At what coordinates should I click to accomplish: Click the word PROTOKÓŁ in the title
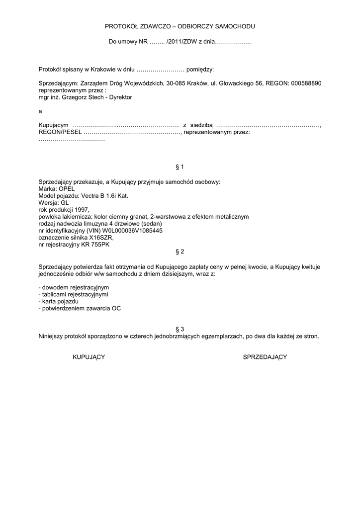point(121,26)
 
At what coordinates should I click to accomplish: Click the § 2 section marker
point(180,252)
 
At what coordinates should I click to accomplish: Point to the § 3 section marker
point(180,329)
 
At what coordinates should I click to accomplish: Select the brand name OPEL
point(67,189)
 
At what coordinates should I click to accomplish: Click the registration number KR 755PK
point(94,245)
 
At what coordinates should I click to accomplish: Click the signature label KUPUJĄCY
point(89,357)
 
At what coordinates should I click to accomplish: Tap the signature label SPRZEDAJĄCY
point(265,357)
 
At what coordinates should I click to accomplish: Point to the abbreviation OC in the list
point(116,308)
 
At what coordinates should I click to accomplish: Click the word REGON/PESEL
point(60,132)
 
